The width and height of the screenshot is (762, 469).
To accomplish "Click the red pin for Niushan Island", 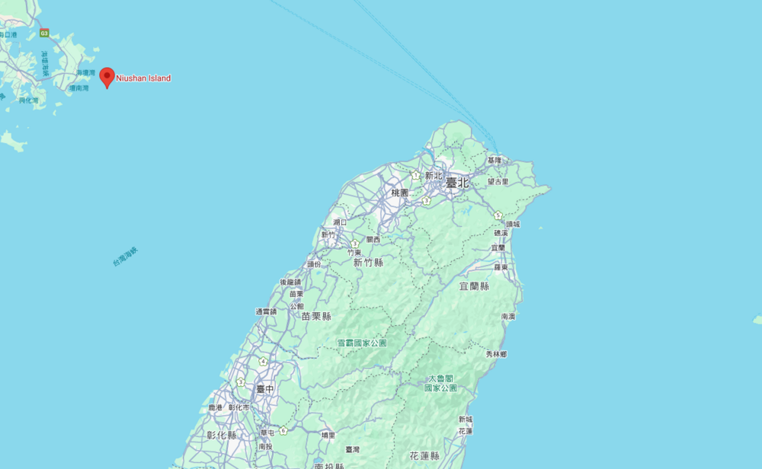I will click(x=107, y=76).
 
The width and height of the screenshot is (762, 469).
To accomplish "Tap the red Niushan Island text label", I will click(x=143, y=78).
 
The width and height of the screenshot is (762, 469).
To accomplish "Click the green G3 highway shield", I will click(x=44, y=33).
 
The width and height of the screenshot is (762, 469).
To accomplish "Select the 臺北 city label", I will click(x=457, y=183).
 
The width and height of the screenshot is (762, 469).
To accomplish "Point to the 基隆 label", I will click(x=495, y=161).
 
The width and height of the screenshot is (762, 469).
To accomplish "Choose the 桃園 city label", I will click(x=400, y=193).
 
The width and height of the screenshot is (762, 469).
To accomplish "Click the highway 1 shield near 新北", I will click(x=416, y=175).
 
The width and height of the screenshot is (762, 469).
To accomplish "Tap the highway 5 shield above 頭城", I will click(x=498, y=215).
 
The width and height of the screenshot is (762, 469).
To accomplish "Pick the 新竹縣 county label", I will click(x=368, y=263).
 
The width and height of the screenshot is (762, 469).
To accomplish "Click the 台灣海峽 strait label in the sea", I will click(x=125, y=256).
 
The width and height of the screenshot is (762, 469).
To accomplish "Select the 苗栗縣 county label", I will click(x=316, y=316).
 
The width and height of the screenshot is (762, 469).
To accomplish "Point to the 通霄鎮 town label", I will click(x=266, y=311).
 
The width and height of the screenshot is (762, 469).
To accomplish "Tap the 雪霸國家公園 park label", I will click(x=362, y=343).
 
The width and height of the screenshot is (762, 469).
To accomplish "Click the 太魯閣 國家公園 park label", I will click(x=440, y=383).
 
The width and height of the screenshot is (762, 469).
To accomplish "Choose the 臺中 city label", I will click(x=264, y=389).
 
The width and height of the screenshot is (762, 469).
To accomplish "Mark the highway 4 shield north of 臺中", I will click(x=263, y=362).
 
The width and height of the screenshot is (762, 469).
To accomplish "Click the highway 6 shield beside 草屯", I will click(x=283, y=431).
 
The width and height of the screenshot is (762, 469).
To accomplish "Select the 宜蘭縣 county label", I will click(x=474, y=286).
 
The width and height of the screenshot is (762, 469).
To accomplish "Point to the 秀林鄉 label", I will click(x=496, y=354).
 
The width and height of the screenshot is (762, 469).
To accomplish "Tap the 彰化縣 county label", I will click(x=221, y=435).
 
